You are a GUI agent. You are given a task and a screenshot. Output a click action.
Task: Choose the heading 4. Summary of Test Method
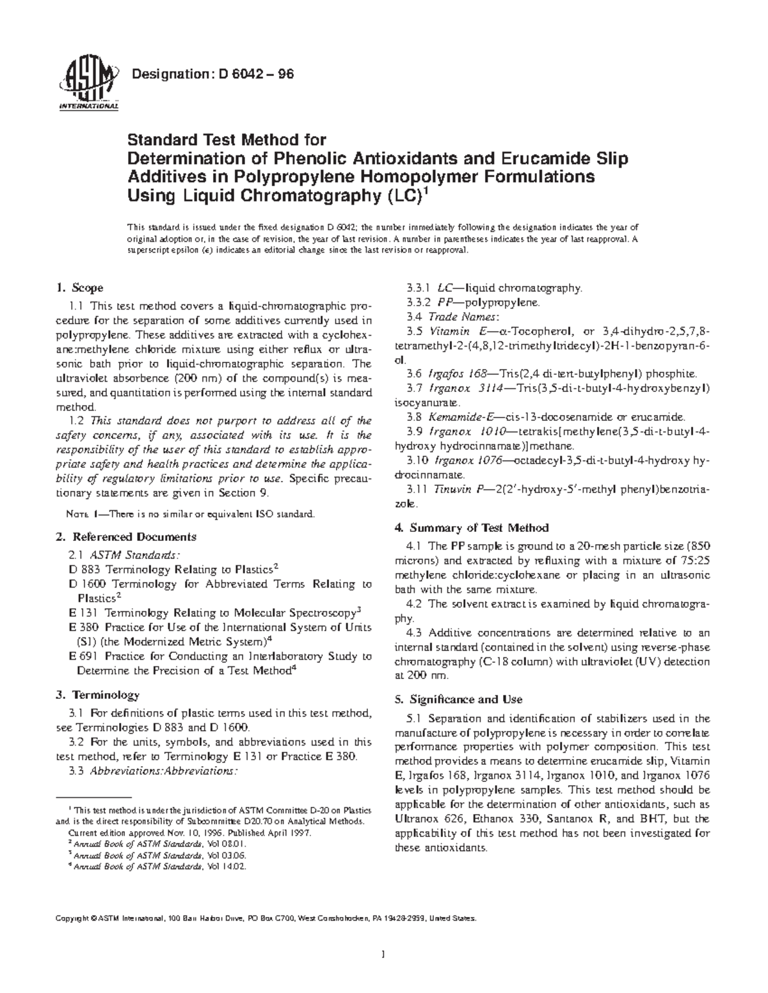point(472,528)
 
